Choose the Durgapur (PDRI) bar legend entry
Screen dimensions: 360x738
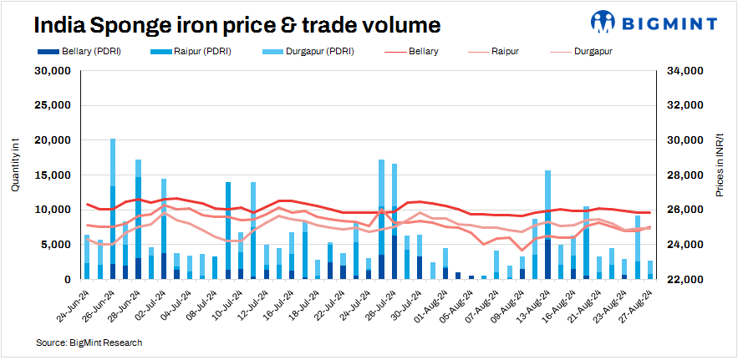click(x=313, y=52)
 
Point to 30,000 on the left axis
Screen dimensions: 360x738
click(x=50, y=71)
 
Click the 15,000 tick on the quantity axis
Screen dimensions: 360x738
click(x=50, y=175)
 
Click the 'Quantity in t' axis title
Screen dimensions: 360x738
click(x=14, y=171)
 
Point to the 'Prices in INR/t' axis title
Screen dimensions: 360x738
click(x=720, y=171)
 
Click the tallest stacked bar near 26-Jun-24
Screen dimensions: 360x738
click(x=113, y=209)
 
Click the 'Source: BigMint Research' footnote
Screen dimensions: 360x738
click(x=89, y=342)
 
